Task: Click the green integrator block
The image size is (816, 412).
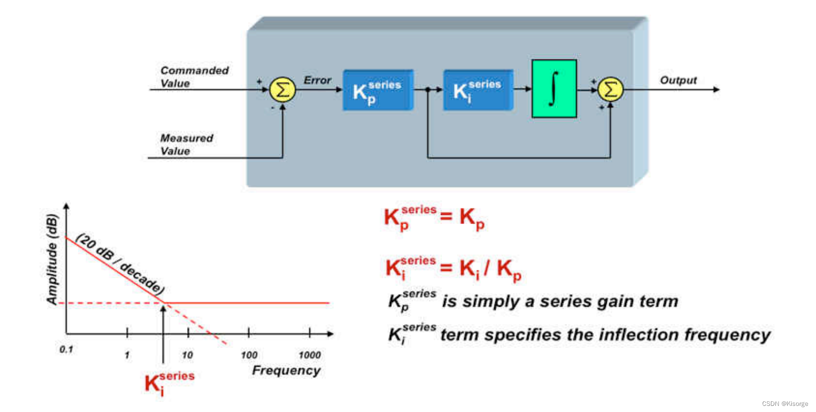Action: point(554,88)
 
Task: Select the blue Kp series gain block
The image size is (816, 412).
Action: point(378,90)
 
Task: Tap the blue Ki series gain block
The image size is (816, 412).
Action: point(479,90)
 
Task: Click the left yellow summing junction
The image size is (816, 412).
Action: point(282,90)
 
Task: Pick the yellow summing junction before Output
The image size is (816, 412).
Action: point(610,90)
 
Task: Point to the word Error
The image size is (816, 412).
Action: point(317,80)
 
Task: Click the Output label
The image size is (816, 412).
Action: point(678,80)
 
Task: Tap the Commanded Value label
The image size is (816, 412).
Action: point(194,77)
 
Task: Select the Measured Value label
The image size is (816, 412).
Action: point(187,144)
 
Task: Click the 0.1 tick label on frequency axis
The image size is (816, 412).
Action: point(66,350)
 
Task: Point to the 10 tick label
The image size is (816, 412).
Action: point(187,355)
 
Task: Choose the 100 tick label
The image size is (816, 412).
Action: point(249,355)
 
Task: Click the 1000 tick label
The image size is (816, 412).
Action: point(310,355)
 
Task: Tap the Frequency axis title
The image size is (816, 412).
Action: point(286,370)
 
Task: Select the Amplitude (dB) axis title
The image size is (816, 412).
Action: point(52,259)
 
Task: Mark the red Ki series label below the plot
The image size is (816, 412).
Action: point(169,384)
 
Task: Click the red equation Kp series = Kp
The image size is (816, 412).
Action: point(434,218)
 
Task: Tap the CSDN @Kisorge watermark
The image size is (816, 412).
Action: point(785,403)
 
